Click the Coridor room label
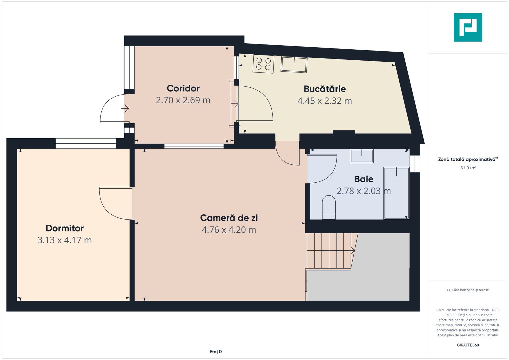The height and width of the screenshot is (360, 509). (x=183, y=88)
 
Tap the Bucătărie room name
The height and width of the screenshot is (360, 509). (x=324, y=89)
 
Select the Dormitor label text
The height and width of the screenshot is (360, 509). (x=64, y=228)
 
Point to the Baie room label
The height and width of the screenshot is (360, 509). (x=364, y=179)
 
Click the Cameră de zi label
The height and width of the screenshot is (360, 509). (x=229, y=218)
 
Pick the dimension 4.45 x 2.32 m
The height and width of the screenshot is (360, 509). (x=324, y=101)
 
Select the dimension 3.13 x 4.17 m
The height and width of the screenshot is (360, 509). (x=64, y=240)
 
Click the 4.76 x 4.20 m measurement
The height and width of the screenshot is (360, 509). (x=229, y=230)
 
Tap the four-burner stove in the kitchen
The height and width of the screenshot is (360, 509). (x=263, y=64)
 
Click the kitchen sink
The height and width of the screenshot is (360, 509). (x=294, y=64)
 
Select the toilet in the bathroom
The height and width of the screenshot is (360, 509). (x=329, y=207)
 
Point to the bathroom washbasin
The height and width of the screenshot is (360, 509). (x=361, y=156)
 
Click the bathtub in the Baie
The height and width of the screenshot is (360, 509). (x=396, y=193)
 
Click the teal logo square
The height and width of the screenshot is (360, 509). (x=468, y=27)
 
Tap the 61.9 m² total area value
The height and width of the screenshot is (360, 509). (x=468, y=168)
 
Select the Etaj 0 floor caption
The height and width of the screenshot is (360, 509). (x=216, y=352)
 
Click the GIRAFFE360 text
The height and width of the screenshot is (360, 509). (x=468, y=345)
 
